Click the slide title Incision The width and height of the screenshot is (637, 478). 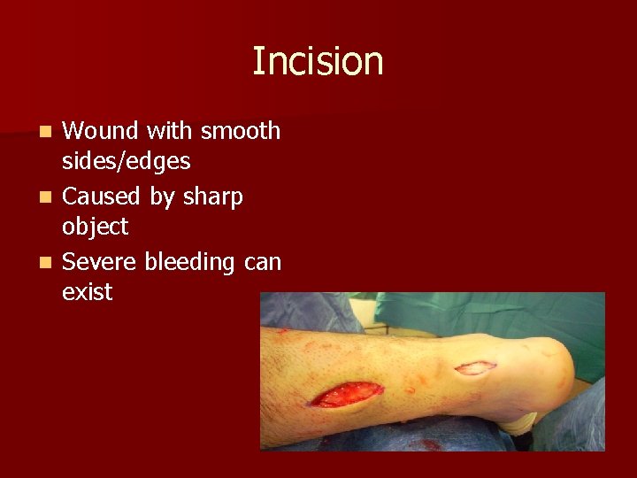tap(318, 62)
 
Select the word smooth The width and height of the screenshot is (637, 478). tap(241, 131)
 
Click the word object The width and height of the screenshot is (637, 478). tap(95, 227)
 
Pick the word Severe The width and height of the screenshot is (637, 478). tap(100, 261)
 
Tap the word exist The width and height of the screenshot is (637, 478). tap(88, 293)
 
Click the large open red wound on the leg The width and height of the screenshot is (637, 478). tap(347, 395)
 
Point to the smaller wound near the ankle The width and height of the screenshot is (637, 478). tap(475, 367)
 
